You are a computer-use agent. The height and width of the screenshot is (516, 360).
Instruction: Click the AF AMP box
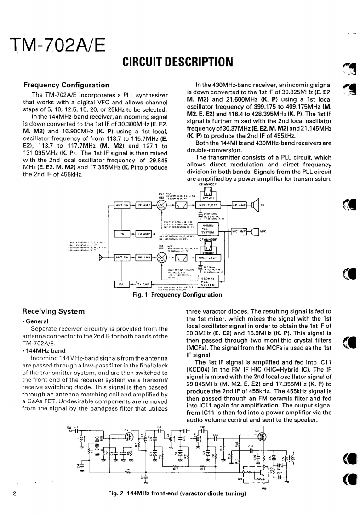click(241, 205)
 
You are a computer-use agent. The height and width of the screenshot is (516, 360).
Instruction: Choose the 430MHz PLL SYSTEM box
click(208, 281)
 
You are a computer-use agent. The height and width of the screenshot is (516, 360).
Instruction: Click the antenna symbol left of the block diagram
click(108, 252)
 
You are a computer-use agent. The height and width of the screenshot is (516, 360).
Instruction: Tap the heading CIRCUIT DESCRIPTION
click(177, 61)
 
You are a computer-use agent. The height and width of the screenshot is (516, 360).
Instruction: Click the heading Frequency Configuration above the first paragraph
click(66, 85)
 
